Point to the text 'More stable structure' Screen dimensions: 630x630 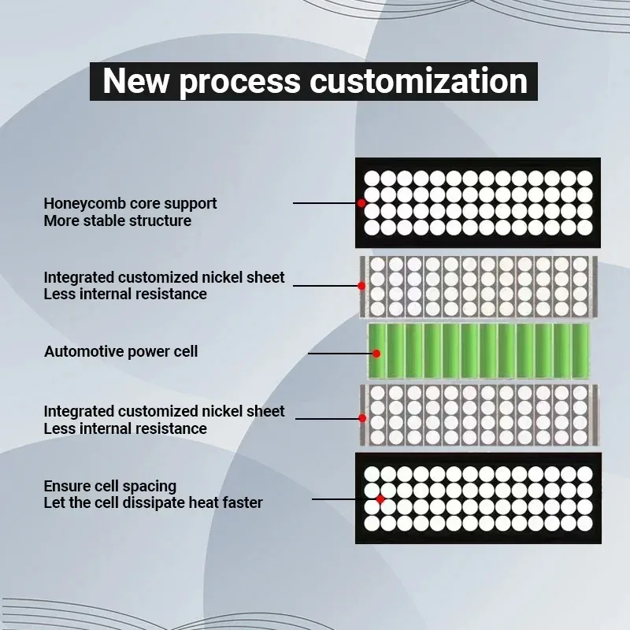click(117, 220)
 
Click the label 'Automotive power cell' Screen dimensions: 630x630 click(120, 351)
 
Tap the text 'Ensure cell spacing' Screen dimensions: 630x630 click(109, 486)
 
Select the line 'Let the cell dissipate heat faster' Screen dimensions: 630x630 click(153, 502)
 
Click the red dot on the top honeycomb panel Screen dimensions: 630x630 click(361, 203)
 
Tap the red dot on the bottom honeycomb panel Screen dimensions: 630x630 click(380, 498)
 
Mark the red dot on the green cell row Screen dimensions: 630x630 click(377, 353)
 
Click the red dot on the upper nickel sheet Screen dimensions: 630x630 click(361, 285)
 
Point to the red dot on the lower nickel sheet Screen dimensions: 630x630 click(361, 417)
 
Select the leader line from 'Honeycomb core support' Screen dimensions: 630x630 click(324, 203)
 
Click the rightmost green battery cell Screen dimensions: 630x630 click(580, 350)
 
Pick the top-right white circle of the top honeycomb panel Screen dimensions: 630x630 click(584, 178)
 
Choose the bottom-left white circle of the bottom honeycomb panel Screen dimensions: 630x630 click(372, 523)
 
